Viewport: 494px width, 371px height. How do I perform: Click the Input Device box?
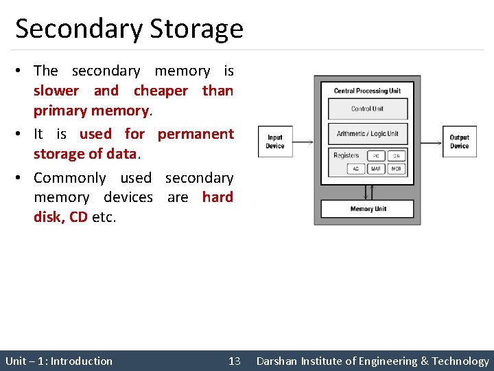point(275,142)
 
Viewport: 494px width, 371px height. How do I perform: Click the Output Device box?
point(459,142)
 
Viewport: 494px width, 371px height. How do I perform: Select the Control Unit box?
point(368,109)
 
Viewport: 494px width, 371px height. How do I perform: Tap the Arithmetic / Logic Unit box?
point(368,133)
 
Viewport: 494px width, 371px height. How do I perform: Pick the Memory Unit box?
point(368,209)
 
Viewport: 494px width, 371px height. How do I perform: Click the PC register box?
point(377,156)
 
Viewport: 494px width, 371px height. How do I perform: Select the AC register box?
point(355,169)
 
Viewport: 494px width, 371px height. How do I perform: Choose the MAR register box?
point(376,169)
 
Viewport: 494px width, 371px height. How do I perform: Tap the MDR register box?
point(397,169)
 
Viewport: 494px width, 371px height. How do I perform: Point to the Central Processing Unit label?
point(367,91)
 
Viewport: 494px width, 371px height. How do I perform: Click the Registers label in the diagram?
point(346,155)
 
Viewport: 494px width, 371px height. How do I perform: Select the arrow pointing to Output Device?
point(429,142)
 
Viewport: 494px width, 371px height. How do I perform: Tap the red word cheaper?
point(161,91)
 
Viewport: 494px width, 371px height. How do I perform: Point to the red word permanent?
point(196,134)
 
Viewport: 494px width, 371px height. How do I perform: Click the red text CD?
point(78,217)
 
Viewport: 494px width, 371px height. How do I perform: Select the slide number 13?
point(235,361)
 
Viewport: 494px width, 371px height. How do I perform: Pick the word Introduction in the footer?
point(82,361)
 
